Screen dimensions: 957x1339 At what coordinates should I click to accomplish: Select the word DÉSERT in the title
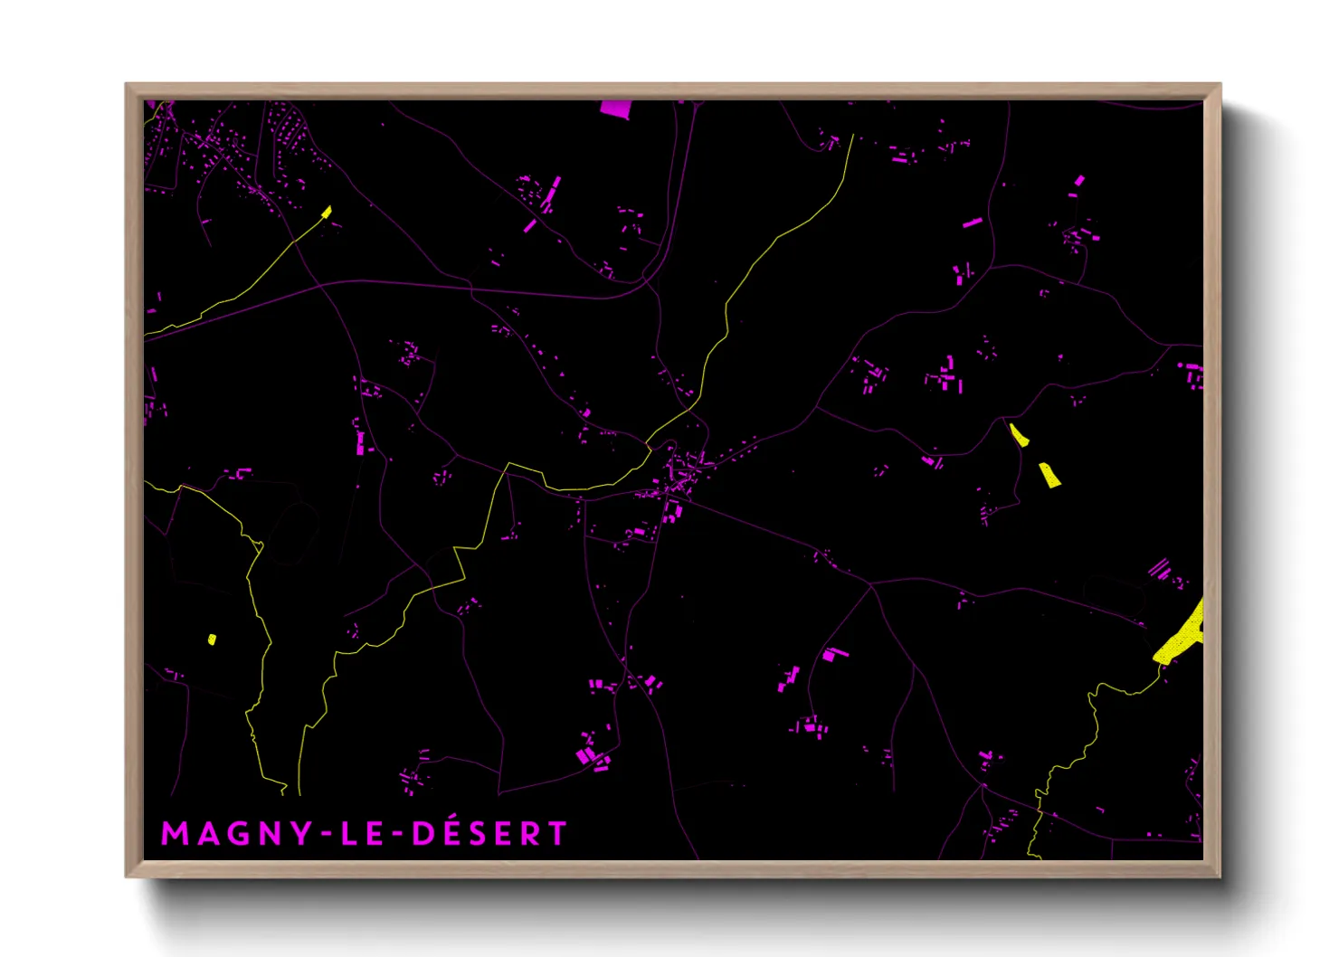click(x=489, y=833)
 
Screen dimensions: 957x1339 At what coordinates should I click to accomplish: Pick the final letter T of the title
click(x=557, y=834)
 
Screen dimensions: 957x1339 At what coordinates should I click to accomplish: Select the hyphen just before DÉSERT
click(x=399, y=834)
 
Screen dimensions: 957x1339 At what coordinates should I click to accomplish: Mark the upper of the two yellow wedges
click(x=1019, y=435)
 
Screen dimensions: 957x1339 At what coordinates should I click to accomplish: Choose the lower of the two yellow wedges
click(x=1049, y=475)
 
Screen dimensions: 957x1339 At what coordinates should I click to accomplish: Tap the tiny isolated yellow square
click(x=212, y=640)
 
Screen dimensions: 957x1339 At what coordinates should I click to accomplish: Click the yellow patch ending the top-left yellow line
click(x=327, y=213)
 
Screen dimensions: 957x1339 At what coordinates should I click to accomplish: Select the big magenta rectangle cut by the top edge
click(x=615, y=109)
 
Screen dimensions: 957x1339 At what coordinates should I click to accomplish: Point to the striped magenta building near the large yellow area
click(x=1159, y=569)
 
